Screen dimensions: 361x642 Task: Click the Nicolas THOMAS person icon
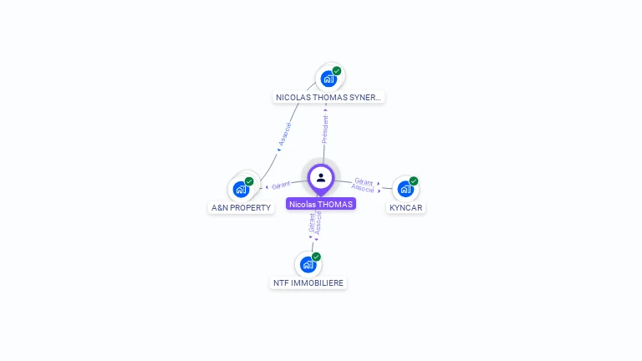coord(321,177)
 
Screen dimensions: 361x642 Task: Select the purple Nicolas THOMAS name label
coord(321,204)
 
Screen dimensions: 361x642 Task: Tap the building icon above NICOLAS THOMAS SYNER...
coord(328,79)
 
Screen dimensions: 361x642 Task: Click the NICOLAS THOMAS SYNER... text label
coord(329,97)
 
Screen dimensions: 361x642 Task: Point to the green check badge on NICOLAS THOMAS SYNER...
coord(337,71)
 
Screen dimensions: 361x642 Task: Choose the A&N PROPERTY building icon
coord(241,189)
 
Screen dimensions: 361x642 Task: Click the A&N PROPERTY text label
coord(242,207)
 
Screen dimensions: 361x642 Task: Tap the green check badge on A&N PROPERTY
coord(249,181)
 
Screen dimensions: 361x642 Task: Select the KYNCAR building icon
coord(405,189)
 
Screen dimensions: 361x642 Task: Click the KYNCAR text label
coord(406,207)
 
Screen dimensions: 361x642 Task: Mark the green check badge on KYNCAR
coord(414,181)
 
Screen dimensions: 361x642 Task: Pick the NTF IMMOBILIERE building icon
coord(308,264)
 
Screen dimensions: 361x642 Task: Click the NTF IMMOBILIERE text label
coord(308,282)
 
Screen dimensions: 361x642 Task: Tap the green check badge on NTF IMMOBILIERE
coord(316,257)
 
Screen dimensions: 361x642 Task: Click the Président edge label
coord(325,128)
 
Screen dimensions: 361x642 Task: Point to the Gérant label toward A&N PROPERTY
coord(281,185)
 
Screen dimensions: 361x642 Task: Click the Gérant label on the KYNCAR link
coord(364,181)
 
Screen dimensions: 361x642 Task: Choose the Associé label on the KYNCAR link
coord(363,189)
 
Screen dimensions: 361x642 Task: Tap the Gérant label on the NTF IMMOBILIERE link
coord(312,222)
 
